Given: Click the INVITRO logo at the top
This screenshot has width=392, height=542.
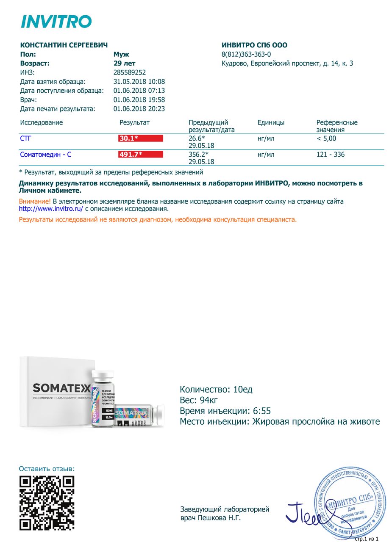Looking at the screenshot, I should coord(56,21).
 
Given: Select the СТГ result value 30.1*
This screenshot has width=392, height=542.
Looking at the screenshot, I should coord(129,138).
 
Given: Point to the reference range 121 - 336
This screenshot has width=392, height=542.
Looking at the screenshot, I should coord(330,155).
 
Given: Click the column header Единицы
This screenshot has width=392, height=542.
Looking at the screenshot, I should coord(271,122).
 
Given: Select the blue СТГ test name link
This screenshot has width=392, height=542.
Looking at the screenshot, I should coord(25,138).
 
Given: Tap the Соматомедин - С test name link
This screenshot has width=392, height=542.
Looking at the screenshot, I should coord(45,155).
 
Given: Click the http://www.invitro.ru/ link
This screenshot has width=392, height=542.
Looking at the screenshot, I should coord(51,209).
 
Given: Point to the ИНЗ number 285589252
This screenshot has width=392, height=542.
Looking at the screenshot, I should coord(129,72).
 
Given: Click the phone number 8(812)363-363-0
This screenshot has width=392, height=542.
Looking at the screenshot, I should coord(246,54).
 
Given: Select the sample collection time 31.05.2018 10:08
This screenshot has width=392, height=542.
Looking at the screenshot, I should coord(139,82).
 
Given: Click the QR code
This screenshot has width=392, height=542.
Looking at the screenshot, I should coord(47,503).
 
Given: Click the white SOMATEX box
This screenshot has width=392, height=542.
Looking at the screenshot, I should coord(57,392).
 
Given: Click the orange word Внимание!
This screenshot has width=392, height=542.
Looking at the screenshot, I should coord(35,202).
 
